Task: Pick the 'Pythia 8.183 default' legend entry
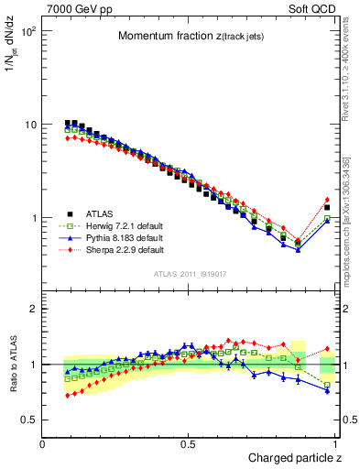point(111,236)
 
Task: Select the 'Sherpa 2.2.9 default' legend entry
point(111,249)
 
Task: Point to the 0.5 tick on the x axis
point(189,444)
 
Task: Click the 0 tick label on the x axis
point(43,444)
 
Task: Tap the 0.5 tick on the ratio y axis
point(29,420)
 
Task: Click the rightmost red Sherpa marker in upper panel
point(327,200)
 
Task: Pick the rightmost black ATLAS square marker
point(327,208)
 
